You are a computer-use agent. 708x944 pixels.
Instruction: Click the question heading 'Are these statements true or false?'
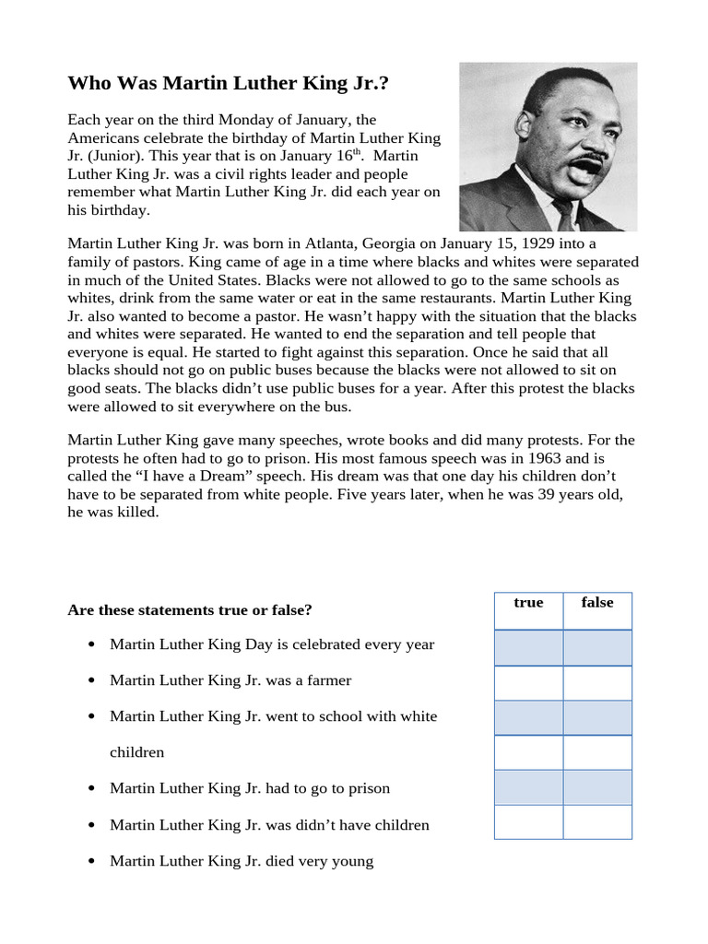pos(190,610)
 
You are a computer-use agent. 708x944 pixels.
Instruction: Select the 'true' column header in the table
pos(528,603)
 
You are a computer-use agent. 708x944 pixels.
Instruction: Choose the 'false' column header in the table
pos(597,603)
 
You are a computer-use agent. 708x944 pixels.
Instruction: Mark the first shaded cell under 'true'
pos(528,647)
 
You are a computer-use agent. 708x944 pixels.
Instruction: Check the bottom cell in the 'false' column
pos(597,822)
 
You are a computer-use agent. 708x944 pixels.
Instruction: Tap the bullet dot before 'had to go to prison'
pos(90,789)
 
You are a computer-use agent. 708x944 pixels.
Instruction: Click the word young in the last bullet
pos(352,861)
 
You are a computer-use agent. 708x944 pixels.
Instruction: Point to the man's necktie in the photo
pos(563,216)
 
